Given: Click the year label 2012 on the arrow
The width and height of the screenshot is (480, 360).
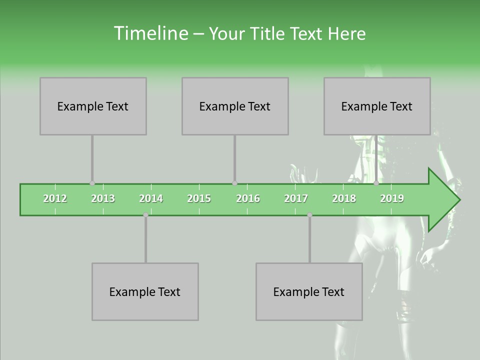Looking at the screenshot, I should (55, 198).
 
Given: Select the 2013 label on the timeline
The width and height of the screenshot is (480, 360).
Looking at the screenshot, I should (103, 198).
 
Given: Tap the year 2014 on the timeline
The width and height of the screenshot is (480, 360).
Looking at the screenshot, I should (151, 198).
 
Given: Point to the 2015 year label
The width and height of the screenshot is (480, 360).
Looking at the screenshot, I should (199, 198).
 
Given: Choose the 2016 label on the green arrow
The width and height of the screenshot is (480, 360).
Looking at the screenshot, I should (248, 198).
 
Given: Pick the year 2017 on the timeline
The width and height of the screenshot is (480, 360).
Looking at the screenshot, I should (296, 198).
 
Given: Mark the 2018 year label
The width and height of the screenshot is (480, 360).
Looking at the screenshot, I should (344, 198).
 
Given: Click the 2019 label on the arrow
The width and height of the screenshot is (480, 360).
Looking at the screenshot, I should (392, 198).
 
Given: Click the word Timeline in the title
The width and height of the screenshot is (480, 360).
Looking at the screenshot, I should (150, 33).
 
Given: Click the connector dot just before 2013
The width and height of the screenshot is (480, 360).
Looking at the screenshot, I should (92, 183).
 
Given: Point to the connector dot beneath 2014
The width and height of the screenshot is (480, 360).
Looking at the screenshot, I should (145, 215).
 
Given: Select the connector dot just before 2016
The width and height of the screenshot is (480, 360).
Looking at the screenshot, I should (234, 183).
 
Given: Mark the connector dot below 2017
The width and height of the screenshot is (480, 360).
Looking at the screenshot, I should (309, 215).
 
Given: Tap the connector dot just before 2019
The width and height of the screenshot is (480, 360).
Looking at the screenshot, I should (376, 183).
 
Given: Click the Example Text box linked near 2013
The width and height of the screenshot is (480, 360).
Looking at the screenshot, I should (93, 106).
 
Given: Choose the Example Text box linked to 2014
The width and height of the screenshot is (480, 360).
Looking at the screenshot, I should (145, 291).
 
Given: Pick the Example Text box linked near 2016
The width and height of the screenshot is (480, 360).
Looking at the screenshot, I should (235, 106).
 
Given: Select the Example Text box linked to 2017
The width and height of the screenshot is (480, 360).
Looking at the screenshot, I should (309, 291).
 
